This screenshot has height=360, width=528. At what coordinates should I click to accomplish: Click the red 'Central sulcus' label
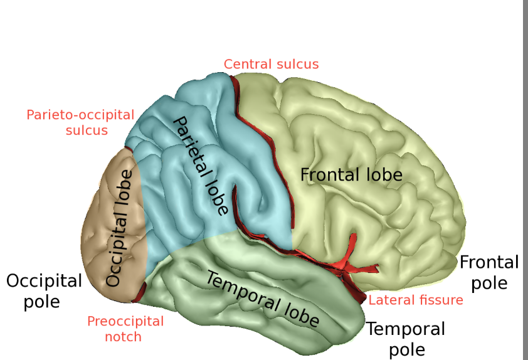click(x=271, y=64)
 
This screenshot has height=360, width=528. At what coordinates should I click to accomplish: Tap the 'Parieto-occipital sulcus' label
click(x=80, y=122)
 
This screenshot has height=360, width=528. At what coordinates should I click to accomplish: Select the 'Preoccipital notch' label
click(x=125, y=329)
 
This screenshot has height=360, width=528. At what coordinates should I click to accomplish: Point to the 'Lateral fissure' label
click(x=416, y=300)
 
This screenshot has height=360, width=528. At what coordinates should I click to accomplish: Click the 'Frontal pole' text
click(x=489, y=272)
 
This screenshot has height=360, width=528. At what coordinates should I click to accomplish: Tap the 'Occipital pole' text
click(x=44, y=290)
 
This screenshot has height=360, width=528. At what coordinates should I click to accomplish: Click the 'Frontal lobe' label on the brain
click(x=351, y=174)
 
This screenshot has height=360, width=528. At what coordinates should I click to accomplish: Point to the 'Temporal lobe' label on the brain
click(x=262, y=300)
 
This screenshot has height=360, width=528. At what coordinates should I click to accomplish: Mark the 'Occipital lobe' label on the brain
click(x=121, y=228)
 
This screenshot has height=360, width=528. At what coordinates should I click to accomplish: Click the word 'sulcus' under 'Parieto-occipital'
click(x=87, y=130)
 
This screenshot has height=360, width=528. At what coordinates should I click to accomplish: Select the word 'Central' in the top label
click(x=246, y=64)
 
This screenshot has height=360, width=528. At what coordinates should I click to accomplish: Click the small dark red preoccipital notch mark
click(x=142, y=290)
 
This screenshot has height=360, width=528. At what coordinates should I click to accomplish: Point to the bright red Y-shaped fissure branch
click(x=349, y=262)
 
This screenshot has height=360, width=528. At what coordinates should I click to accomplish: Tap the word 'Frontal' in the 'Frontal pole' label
click(x=489, y=262)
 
